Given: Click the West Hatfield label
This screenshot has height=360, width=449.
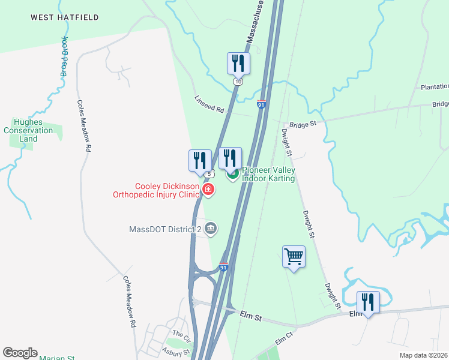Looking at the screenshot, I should pyautogui.click(x=65, y=17).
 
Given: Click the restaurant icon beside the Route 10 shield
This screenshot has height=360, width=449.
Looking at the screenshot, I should pyautogui.click(x=238, y=63).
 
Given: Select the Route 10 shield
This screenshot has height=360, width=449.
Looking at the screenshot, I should pyautogui.click(x=238, y=81).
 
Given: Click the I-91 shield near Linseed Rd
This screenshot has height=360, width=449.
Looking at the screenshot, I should pyautogui.click(x=261, y=104).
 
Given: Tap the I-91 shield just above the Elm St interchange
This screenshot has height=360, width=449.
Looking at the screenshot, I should pyautogui.click(x=223, y=267).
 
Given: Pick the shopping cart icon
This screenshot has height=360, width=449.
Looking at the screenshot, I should pyautogui.click(x=294, y=256).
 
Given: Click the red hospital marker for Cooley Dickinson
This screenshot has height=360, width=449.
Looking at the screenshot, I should pyautogui.click(x=208, y=190).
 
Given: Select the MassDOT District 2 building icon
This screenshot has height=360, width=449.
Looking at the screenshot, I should pyautogui.click(x=211, y=228).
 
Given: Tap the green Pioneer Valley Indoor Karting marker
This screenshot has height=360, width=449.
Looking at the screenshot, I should pyautogui.click(x=232, y=174).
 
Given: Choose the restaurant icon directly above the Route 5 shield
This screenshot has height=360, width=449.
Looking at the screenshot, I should pyautogui.click(x=200, y=160).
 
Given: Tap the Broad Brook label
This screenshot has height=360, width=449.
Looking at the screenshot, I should pyautogui.click(x=63, y=56).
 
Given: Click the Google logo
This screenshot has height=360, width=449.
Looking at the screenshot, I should pyautogui.click(x=20, y=353).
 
